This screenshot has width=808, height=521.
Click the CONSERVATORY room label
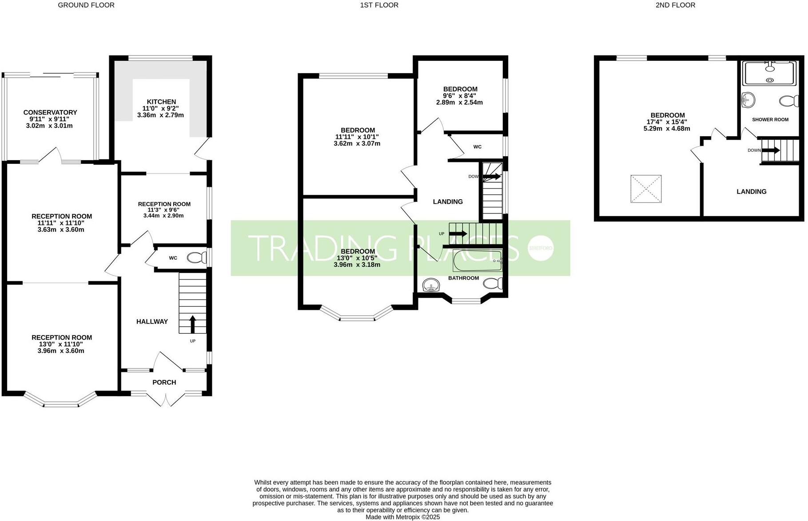50,113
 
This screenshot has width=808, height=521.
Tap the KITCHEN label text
161,102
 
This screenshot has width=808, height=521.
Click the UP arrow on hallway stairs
192,324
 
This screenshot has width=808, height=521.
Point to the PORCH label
164,383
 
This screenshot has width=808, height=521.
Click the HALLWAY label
152,322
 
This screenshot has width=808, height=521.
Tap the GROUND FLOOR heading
86,5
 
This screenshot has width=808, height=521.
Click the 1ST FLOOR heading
379,5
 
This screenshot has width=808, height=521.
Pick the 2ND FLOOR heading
675,5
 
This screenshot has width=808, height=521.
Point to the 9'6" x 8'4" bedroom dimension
460,96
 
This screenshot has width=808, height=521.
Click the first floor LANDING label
448,202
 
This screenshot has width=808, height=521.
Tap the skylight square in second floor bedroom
646,189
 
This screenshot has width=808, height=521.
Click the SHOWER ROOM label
770,120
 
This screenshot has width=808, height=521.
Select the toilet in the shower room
789,101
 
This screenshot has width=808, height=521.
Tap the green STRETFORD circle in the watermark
541,248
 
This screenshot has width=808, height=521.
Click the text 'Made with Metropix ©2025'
402,517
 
